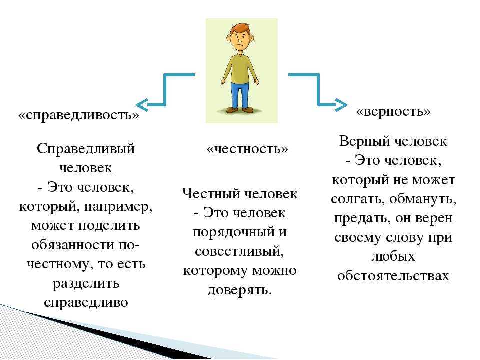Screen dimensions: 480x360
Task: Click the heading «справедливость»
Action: (78, 115)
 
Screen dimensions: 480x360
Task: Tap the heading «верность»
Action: (393, 111)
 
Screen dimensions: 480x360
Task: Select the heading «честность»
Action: (247, 149)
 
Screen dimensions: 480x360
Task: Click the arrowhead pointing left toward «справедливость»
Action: (142, 105)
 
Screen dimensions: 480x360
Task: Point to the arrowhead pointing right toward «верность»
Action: (341, 105)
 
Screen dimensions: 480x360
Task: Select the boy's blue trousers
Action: (239, 95)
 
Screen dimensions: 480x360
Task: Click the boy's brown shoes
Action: (240, 110)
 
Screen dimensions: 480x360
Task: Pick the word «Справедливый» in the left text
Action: (86, 149)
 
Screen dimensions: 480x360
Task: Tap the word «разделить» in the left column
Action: (86, 284)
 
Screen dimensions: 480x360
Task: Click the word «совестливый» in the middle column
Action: (239, 251)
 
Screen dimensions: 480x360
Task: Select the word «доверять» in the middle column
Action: (239, 290)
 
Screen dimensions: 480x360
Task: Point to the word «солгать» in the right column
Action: (358, 199)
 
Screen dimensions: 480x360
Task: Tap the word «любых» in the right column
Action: (393, 256)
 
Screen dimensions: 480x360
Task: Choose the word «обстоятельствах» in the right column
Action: (393, 276)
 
